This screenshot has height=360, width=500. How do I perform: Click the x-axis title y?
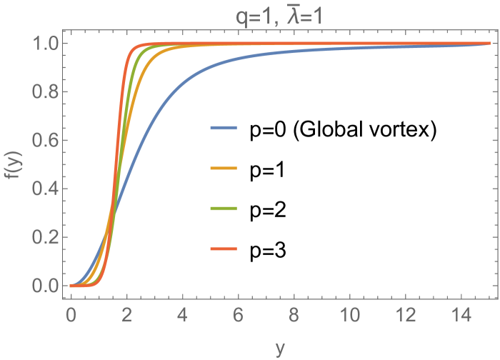click(x=280, y=348)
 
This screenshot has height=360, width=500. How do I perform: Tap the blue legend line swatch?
click(x=224, y=128)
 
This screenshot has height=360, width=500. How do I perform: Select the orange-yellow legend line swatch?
click(x=224, y=169)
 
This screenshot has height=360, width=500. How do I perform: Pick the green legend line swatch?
click(x=224, y=209)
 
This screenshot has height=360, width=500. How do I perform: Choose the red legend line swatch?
click(x=224, y=249)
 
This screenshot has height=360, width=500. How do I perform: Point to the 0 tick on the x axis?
click(x=71, y=314)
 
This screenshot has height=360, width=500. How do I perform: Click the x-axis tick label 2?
click(x=126, y=314)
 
